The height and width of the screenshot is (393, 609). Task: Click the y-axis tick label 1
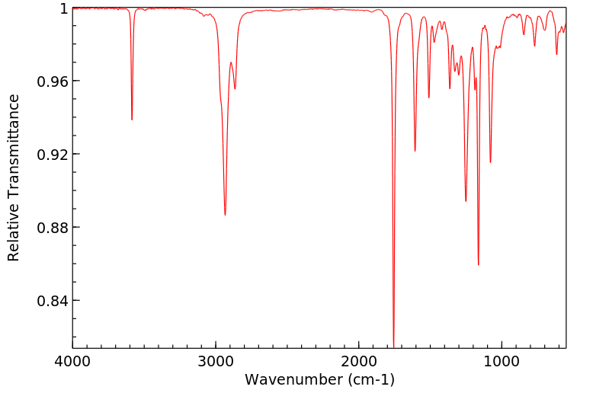coord(64,8)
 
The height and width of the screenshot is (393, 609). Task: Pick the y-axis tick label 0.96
coord(53,81)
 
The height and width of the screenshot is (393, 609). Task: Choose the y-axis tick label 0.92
coord(53,155)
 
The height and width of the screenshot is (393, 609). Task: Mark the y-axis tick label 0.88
coord(53,228)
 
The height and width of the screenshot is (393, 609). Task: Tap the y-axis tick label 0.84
coord(53,301)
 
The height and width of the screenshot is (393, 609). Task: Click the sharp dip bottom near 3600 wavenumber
coord(132,120)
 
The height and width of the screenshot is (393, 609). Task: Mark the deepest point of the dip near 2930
coord(225,215)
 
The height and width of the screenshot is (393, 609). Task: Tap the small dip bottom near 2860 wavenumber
coord(235,88)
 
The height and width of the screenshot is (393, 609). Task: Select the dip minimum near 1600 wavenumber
coord(415,151)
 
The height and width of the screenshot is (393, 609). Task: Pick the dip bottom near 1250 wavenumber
coord(466,201)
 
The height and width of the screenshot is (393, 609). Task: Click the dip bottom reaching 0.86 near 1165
coord(478,264)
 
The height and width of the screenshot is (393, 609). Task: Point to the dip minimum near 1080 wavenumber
coord(490,162)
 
